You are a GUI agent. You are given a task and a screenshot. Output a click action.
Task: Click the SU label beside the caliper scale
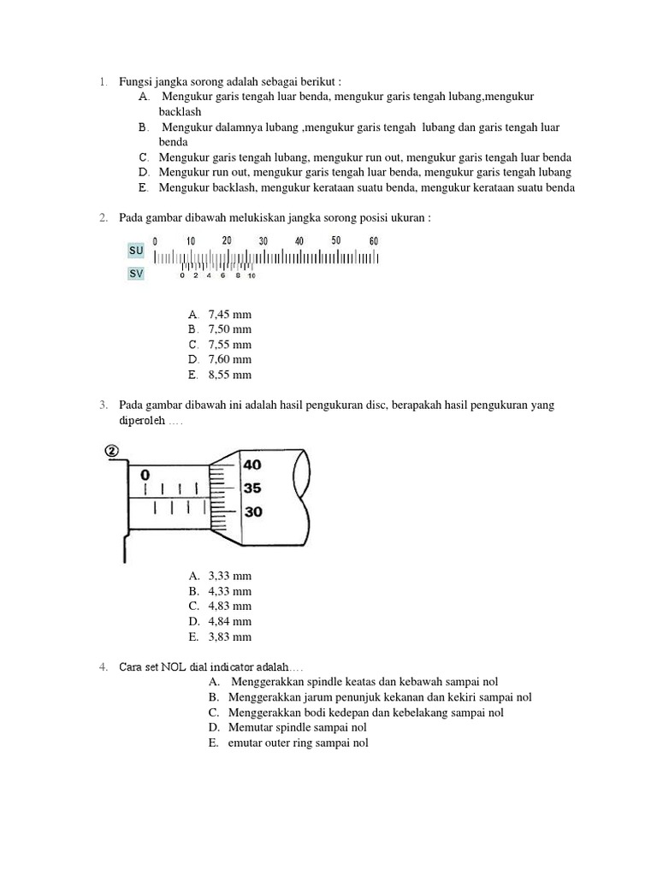click(136, 251)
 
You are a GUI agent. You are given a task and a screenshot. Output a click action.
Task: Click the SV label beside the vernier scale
click(136, 274)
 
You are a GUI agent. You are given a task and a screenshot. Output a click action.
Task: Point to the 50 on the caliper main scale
click(336, 240)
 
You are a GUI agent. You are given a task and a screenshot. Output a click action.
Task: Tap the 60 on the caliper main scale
click(373, 241)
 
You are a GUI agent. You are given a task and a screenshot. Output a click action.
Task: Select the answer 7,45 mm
click(229, 314)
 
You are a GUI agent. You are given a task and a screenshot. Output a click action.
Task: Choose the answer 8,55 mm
click(229, 375)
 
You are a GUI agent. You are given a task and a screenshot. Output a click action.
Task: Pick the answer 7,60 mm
click(229, 359)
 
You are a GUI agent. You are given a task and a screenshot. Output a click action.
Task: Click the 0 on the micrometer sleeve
click(145, 474)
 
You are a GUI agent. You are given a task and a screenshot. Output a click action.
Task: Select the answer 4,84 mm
click(229, 621)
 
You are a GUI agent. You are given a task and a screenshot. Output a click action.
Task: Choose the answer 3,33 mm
click(229, 576)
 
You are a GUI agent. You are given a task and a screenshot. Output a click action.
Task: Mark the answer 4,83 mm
click(229, 606)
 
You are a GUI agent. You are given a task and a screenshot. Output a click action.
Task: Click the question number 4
click(102, 666)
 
